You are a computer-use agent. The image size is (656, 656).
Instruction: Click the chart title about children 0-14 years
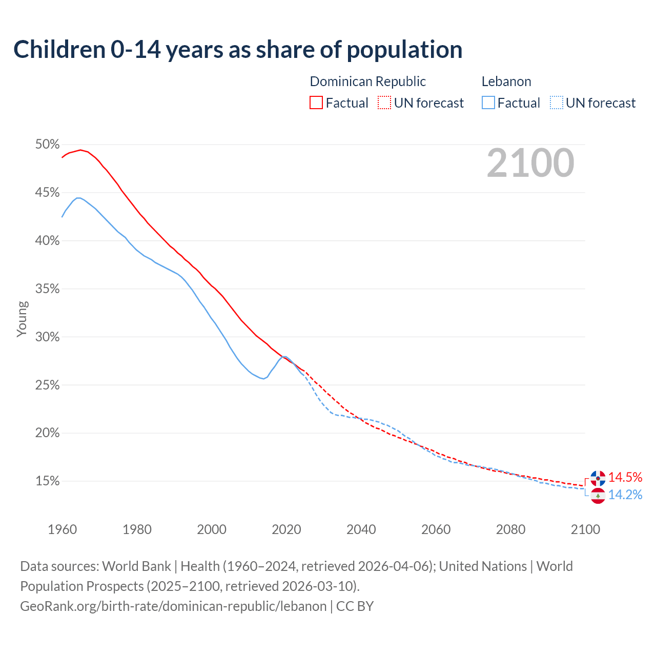point(238,50)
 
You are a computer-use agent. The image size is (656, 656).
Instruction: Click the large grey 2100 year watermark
point(530,163)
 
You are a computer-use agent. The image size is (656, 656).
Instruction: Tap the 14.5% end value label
point(625,477)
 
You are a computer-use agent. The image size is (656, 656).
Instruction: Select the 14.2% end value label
point(625,495)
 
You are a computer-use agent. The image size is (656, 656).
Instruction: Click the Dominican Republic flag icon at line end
point(598,478)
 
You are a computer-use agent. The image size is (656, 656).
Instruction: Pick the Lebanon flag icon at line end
point(598,496)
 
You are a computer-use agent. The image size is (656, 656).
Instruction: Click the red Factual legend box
point(316,103)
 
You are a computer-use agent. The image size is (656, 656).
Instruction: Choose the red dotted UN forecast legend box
point(384,103)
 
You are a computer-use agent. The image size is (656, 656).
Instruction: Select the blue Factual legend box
point(488,103)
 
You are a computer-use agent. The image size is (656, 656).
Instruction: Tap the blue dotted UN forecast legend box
point(556,103)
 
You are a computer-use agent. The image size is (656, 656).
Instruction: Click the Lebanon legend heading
point(506,81)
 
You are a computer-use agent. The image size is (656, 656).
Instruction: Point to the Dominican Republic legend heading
point(368,81)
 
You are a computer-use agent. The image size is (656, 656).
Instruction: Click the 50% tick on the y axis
point(48,145)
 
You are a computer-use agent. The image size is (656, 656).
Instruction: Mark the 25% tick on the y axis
point(48,385)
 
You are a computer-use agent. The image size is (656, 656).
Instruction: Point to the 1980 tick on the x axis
point(137,529)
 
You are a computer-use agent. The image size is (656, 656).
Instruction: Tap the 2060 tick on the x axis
point(436,529)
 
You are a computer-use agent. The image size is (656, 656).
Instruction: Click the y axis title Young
point(22,319)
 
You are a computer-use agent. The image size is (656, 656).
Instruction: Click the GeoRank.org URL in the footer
point(173,606)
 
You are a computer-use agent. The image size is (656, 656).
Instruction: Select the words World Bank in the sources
point(136,566)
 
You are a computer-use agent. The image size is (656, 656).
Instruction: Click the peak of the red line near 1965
point(80,150)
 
